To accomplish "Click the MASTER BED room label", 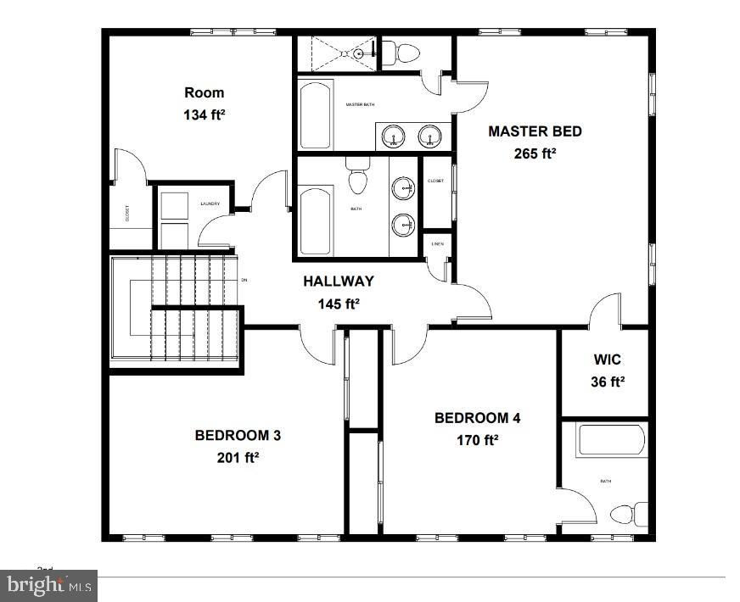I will [535, 131].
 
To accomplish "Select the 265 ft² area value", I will [535, 153].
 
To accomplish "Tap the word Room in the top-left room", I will [205, 92].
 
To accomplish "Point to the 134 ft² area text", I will [205, 114].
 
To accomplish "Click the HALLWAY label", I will [339, 281].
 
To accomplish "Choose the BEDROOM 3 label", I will [238, 435].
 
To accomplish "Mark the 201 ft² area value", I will [238, 457].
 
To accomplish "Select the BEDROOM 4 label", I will [477, 417].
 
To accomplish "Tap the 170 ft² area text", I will [477, 439].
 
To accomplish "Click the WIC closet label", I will [607, 360].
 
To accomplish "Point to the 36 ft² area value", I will [607, 382].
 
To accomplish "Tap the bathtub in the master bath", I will [315, 115].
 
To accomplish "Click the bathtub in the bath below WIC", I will [611, 441].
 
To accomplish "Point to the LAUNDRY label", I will [210, 203].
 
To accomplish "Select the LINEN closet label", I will [437, 244].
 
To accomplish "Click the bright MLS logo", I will [49, 585].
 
